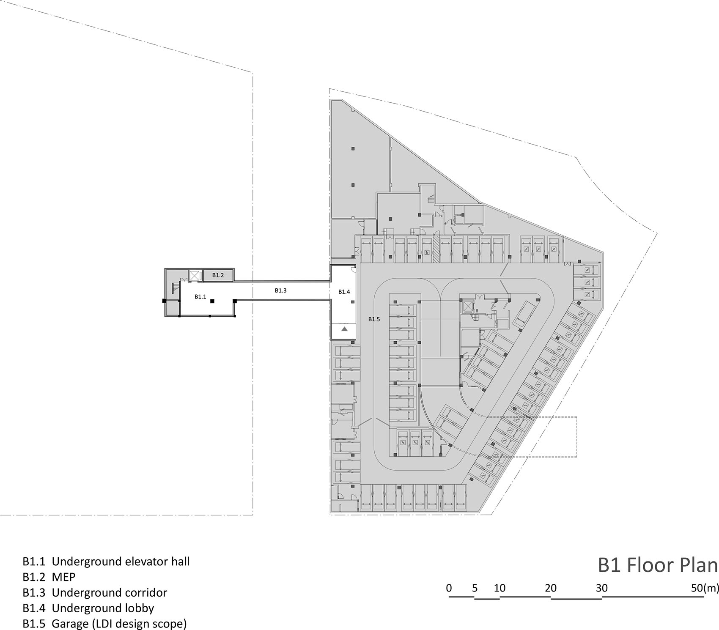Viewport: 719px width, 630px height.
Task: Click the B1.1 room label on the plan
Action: (200, 297)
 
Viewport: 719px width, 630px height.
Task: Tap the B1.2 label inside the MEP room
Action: (218, 275)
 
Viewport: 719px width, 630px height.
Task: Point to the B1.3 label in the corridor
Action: (281, 290)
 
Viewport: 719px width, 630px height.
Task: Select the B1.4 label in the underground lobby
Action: (344, 292)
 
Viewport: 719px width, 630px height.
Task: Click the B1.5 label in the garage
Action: (374, 319)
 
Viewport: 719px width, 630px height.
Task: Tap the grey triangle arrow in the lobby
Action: (345, 329)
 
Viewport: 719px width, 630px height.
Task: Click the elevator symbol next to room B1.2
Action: (195, 276)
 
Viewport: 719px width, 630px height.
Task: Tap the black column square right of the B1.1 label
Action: (213, 301)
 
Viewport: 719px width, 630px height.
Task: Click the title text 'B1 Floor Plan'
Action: (658, 565)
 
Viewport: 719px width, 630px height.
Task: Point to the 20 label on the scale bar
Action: (551, 588)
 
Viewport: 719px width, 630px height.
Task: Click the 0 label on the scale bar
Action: (449, 588)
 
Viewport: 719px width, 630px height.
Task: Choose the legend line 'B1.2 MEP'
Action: (49, 577)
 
